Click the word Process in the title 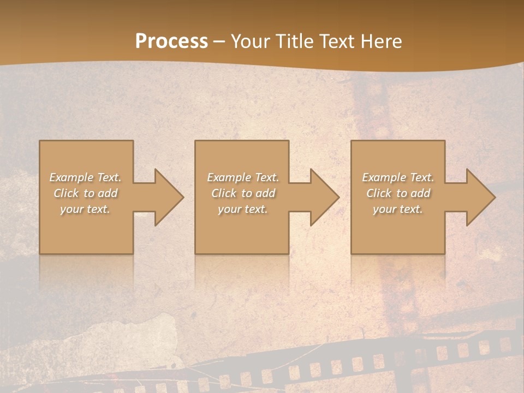coord(171,41)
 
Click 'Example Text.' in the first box coord(85,177)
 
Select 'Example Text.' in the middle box coord(242,177)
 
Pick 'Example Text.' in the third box coord(398,177)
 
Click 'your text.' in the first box coord(85,209)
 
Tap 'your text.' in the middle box coord(242,209)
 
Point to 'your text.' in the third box coord(398,209)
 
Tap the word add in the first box coord(108,193)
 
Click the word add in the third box coord(421,193)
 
